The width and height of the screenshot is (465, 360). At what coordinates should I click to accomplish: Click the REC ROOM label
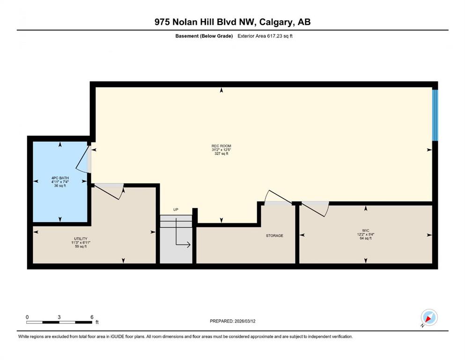[x=221, y=146]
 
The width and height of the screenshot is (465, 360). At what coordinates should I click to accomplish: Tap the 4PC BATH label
[x=60, y=178]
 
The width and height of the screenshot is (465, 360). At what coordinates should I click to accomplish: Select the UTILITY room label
[x=81, y=239]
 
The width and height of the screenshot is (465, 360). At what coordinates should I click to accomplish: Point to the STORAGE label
[x=274, y=236]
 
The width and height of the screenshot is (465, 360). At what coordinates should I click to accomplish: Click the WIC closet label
[x=366, y=231]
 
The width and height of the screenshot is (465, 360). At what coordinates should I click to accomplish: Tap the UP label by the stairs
[x=176, y=210]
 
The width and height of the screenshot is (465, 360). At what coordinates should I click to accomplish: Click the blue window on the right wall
[x=435, y=115]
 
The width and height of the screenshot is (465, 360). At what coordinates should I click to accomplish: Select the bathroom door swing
[x=83, y=159]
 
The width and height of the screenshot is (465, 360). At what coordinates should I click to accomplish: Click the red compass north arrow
[x=428, y=319]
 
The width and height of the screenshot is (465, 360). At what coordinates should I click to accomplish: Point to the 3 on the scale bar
[x=59, y=317]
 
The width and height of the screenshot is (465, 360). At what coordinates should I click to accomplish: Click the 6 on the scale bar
[x=92, y=317]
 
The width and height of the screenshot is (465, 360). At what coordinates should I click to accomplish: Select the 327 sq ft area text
[x=221, y=154]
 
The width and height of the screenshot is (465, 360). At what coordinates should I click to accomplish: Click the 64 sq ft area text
[x=366, y=238]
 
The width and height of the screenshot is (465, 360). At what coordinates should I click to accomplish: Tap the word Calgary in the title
[x=276, y=22]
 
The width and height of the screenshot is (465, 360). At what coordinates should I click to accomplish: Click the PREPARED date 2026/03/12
[x=245, y=321]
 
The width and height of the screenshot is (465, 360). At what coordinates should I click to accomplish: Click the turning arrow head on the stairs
[x=188, y=245]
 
